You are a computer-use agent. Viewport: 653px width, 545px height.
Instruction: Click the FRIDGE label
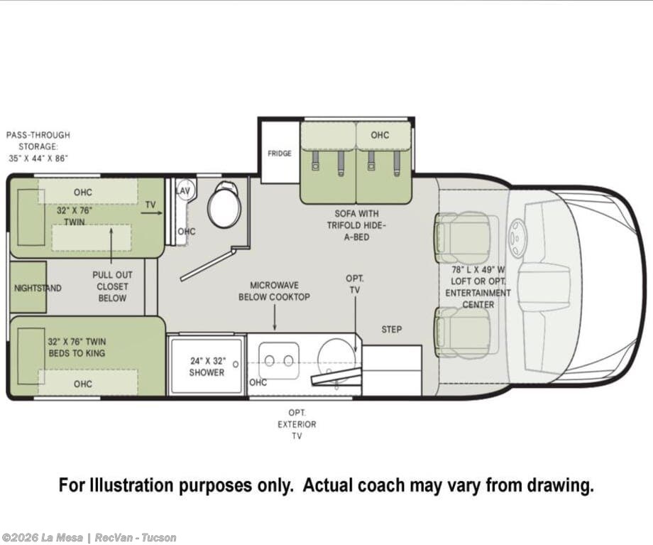280,153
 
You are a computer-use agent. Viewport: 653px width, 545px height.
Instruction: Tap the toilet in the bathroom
224,205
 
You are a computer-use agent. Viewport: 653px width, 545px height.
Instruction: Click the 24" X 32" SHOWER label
207,367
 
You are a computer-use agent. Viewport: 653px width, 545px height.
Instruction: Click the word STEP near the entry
392,330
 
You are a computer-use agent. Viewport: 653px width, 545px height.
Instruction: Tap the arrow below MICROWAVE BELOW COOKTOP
275,318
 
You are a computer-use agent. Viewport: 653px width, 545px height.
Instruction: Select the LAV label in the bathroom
183,191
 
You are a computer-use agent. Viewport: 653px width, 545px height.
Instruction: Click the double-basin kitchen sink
279,361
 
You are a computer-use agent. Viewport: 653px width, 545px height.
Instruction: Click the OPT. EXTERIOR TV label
297,424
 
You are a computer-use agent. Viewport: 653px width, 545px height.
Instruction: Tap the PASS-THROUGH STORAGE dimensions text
38,146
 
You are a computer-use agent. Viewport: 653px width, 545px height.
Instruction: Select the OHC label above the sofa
380,135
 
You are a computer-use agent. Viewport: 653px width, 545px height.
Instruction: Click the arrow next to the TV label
152,213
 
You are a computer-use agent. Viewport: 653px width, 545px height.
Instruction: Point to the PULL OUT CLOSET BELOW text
112,286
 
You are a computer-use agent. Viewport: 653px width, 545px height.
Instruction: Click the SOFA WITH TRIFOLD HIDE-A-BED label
357,225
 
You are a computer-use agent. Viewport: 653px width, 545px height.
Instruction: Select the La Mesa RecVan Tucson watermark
88,538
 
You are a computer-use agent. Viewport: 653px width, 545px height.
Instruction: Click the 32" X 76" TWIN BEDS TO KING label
77,347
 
